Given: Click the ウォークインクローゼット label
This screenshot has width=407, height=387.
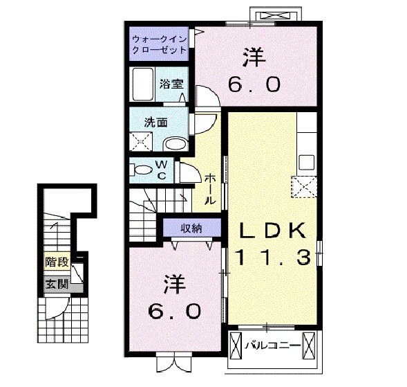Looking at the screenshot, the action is coord(160,44).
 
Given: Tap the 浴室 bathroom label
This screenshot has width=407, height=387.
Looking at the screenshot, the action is coord(171,84).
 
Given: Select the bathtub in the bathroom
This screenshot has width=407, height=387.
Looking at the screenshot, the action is coord(142,84).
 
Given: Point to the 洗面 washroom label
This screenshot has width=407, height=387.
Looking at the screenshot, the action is coord(155,123).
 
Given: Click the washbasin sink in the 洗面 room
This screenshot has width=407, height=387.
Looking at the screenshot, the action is coord(176,144).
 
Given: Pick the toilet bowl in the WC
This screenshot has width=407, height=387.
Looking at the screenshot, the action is coord(144,170).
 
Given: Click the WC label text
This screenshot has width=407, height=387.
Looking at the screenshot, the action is coord(162,170).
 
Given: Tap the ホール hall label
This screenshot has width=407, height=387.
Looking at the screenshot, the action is coord(210,189).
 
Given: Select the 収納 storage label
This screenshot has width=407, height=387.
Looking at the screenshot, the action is coord(191,228).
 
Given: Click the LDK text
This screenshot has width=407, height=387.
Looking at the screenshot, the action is coord(272,231).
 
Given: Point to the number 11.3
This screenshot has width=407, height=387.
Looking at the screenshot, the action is coord(273,257).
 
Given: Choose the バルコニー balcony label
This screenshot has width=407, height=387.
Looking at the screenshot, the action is coord(273,345).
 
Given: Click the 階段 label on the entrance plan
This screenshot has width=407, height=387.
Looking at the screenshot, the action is coord(57,262).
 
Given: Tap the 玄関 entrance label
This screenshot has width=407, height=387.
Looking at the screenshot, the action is coord(57,285).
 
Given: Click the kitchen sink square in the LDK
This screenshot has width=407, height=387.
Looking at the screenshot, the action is coord(307,163).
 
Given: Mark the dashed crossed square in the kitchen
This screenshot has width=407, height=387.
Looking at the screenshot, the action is coord(304,187).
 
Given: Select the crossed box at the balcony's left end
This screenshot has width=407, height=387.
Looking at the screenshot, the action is coord(236,345).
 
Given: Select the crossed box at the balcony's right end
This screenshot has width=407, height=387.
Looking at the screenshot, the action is coord(309,345).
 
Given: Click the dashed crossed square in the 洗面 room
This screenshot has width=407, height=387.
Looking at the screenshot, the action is coord(141,141).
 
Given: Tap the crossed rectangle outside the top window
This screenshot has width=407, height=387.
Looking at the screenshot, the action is coord(276,16).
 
